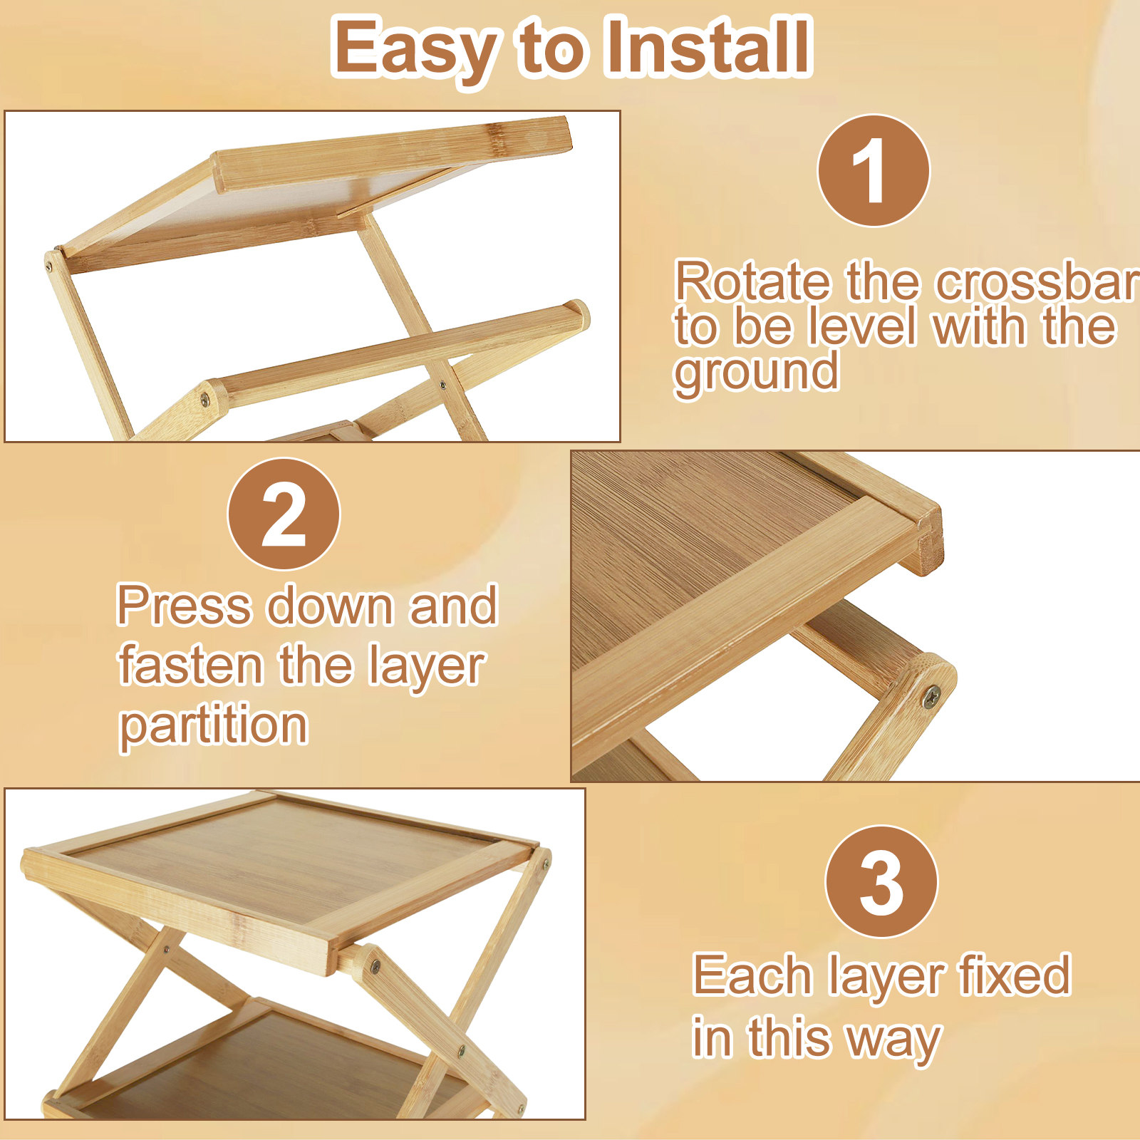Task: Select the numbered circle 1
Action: click(874, 171)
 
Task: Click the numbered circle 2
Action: click(284, 514)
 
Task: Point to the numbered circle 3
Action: click(881, 882)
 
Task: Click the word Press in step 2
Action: click(185, 606)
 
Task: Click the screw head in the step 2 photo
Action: click(931, 695)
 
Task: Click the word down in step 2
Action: click(331, 606)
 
